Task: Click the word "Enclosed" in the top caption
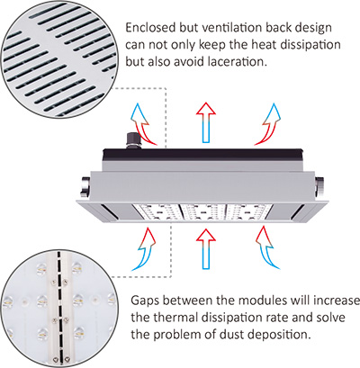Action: tap(150, 28)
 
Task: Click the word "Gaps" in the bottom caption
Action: tap(145, 301)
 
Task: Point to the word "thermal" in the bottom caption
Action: tap(175, 318)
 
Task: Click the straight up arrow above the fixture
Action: tap(206, 122)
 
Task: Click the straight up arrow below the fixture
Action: tap(206, 248)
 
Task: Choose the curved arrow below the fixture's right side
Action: tap(267, 249)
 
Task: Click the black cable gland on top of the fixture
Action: tap(133, 140)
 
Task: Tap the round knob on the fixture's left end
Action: tap(85, 187)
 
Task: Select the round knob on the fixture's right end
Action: tap(319, 187)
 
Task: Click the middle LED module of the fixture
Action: tap(204, 212)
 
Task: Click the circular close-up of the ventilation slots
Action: tap(58, 58)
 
